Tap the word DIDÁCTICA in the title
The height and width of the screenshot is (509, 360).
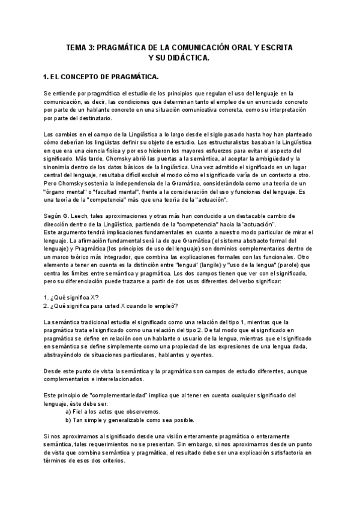[x=186, y=58]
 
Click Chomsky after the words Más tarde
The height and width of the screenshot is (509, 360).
[x=139, y=158]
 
